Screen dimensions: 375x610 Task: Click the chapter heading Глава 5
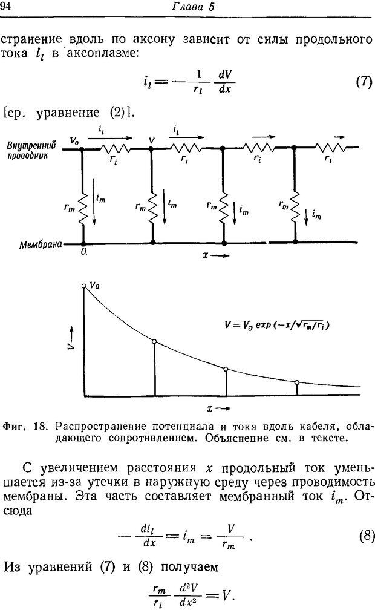(x=193, y=7)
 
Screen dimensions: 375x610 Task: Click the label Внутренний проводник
(x=31, y=150)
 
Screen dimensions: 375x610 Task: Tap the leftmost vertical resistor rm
(x=83, y=208)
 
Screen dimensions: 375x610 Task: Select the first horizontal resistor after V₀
(x=115, y=148)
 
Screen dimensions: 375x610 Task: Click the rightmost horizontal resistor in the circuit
(x=330, y=148)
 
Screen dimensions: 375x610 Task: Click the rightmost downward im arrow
(x=307, y=217)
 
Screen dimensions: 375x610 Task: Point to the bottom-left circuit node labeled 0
(x=83, y=243)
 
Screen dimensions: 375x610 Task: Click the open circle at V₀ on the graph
(x=83, y=286)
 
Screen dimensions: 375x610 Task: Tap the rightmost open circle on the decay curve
(x=297, y=383)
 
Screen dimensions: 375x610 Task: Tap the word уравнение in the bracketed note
(x=68, y=113)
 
